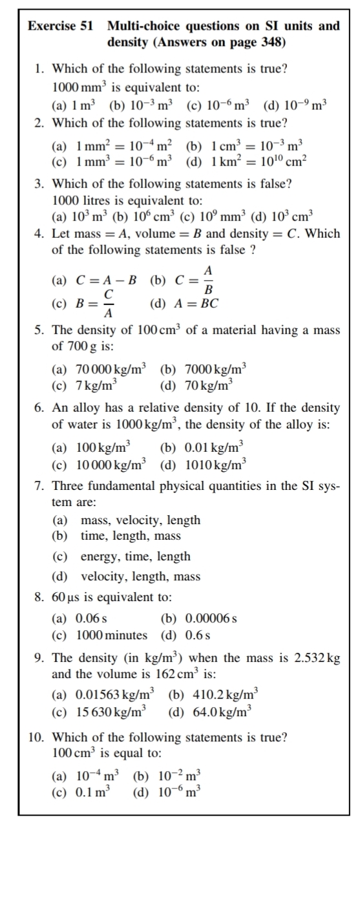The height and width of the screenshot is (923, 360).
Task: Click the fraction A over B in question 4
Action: point(207,281)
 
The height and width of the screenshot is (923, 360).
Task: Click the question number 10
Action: point(38,737)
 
